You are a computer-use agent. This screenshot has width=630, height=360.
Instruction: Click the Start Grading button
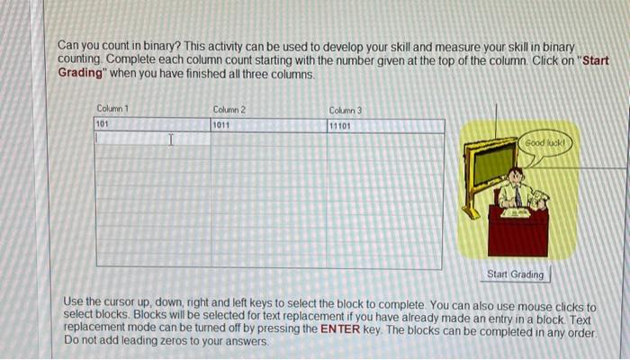515,274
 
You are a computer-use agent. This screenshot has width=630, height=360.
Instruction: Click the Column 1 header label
112,109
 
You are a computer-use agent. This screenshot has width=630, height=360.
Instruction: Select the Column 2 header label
229,109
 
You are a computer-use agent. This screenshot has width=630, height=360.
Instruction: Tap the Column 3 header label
346,109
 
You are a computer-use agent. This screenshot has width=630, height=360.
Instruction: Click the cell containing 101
152,125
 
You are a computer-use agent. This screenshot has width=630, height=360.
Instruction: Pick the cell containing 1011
268,125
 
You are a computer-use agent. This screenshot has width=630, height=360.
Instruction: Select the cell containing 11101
384,125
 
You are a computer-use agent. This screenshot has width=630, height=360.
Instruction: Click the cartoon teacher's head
515,175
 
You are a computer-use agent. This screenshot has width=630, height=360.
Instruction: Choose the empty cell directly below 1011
268,139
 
